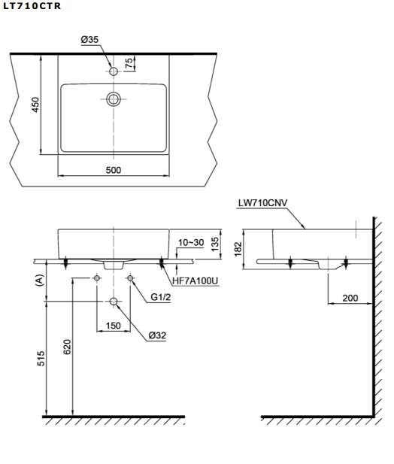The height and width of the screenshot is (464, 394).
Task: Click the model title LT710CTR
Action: pyautogui.click(x=32, y=6)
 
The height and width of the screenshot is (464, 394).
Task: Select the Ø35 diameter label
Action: pyautogui.click(x=89, y=39)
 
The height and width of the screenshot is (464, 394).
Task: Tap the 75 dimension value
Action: pyautogui.click(x=129, y=62)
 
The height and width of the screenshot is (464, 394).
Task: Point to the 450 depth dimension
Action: pyautogui.click(x=35, y=105)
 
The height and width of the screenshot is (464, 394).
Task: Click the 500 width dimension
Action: pyautogui.click(x=114, y=170)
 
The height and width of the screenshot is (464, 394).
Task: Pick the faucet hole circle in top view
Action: pyautogui.click(x=114, y=71)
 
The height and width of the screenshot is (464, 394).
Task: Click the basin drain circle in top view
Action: pyautogui.click(x=114, y=99)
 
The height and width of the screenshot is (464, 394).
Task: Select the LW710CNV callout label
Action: pyautogui.click(x=262, y=203)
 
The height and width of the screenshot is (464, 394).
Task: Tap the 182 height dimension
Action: pyautogui.click(x=238, y=249)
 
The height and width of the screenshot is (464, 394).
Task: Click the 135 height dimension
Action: pyautogui.click(x=215, y=244)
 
